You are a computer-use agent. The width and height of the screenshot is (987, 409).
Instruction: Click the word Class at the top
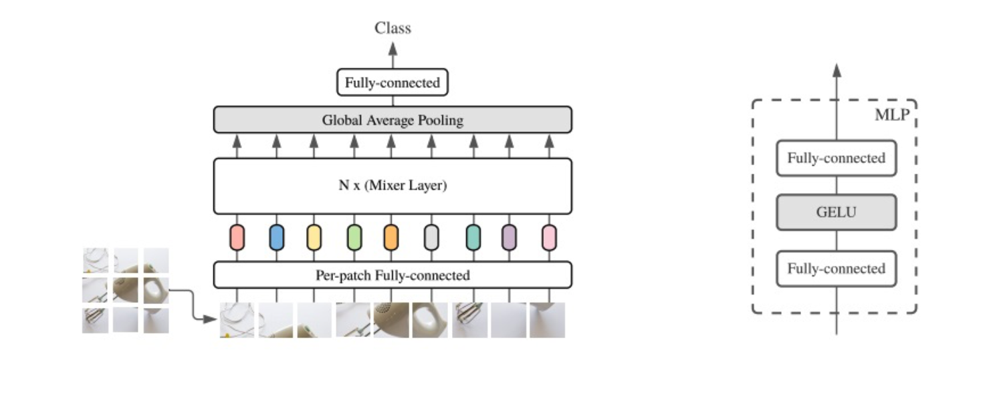(x=393, y=28)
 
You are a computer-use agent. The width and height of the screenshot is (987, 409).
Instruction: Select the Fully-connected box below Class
(x=393, y=83)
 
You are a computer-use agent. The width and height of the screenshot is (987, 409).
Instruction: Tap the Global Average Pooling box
(x=393, y=120)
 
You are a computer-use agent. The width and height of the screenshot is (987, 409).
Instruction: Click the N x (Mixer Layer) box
(x=393, y=186)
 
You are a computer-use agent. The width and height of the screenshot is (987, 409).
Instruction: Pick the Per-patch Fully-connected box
(x=393, y=275)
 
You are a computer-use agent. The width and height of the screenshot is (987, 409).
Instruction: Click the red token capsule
(x=237, y=237)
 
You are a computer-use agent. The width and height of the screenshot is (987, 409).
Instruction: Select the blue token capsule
(x=276, y=237)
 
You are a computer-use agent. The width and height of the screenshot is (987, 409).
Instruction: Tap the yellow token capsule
(x=314, y=237)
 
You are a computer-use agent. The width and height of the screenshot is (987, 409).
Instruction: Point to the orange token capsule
(x=391, y=237)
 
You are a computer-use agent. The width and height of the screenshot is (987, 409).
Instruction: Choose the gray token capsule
(x=431, y=237)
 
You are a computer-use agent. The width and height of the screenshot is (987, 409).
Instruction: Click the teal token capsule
(x=473, y=237)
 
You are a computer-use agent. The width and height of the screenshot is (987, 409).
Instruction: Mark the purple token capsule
(x=509, y=237)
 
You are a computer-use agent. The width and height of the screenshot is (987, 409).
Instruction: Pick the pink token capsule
(x=549, y=237)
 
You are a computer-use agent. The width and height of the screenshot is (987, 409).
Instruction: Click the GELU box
(x=836, y=213)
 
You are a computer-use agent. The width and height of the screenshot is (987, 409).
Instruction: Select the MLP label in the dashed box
(x=892, y=115)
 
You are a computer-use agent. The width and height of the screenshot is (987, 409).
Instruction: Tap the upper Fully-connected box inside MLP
(x=836, y=158)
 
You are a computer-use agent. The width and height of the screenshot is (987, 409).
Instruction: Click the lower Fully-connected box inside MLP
(x=836, y=269)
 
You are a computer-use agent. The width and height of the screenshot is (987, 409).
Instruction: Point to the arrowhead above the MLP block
(x=836, y=70)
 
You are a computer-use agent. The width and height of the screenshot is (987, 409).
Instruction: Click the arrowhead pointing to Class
(x=393, y=48)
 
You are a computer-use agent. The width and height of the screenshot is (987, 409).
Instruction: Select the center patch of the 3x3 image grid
(x=126, y=290)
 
